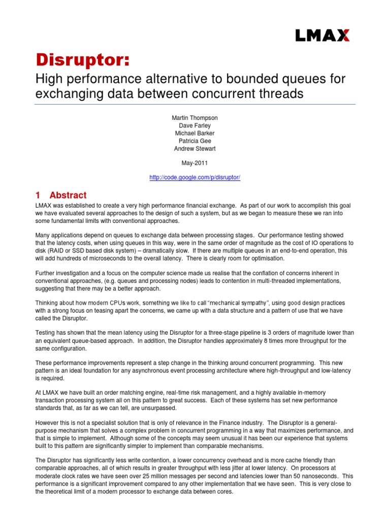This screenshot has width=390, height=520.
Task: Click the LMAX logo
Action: (x=322, y=35)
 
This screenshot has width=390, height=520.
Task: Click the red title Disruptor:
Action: (x=82, y=59)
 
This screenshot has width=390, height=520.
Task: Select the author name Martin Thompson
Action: (x=195, y=117)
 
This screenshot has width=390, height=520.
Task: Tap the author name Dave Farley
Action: (x=195, y=125)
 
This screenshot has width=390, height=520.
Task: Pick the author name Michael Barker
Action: (x=195, y=133)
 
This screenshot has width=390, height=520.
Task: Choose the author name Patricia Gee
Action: (x=195, y=140)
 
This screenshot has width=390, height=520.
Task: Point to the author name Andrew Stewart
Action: (x=195, y=148)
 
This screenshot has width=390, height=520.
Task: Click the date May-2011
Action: (x=195, y=163)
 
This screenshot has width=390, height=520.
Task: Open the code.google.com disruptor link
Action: (x=195, y=178)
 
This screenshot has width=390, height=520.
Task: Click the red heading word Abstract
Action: (x=68, y=196)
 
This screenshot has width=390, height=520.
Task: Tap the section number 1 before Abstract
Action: (x=38, y=196)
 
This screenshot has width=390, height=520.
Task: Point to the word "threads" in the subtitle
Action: (x=271, y=94)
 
